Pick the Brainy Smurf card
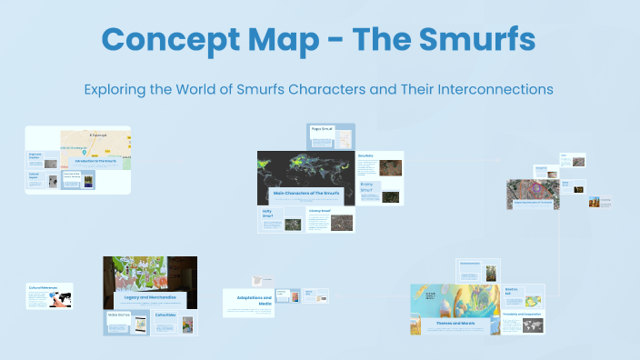point(378,193)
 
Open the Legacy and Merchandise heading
point(149,298)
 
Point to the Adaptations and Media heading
point(248,299)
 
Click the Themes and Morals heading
point(455,323)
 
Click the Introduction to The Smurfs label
point(94,162)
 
